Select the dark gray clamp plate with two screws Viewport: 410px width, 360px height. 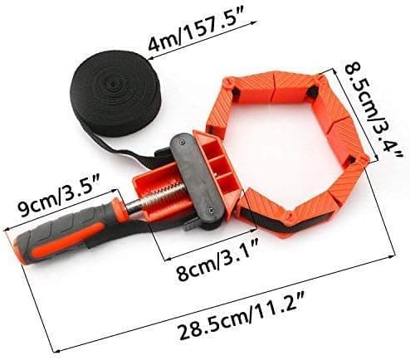pyautogui.click(x=197, y=177)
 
